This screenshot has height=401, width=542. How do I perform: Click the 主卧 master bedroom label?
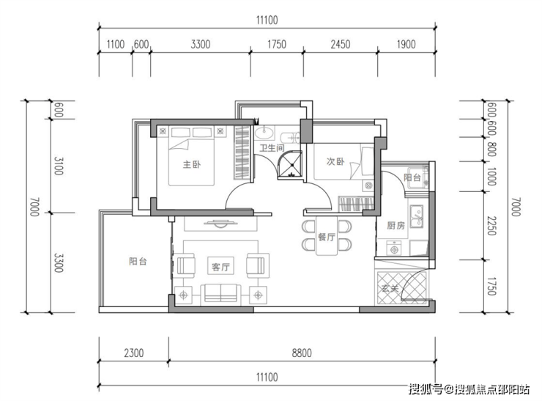tap(191, 164)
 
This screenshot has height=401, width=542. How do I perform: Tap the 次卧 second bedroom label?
tap(335, 161)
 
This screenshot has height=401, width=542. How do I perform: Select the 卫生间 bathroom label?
tap(272, 148)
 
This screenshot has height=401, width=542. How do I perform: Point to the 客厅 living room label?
tap(220, 267)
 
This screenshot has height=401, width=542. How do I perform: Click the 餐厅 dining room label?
tap(327, 237)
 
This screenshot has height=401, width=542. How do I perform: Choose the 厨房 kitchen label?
tap(396, 226)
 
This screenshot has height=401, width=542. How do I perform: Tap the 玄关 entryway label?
tap(390, 288)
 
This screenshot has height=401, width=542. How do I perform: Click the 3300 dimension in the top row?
tap(201, 44)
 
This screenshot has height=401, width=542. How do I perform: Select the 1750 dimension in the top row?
tap(277, 44)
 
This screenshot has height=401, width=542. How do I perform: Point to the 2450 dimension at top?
tap(341, 44)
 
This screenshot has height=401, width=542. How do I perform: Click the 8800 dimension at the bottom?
tap(302, 353)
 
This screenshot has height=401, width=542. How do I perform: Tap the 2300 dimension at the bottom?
tap(134, 353)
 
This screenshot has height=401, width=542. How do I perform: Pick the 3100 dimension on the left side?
tap(59, 166)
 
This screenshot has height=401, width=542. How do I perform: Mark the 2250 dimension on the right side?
tap(491, 226)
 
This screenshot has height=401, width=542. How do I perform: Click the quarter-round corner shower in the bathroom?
tap(289, 165)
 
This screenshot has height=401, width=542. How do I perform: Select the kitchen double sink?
tap(417, 216)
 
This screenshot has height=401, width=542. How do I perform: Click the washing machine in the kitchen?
tap(394, 248)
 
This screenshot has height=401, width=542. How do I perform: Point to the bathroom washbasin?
tap(265, 132)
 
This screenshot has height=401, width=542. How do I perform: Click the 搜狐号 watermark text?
tap(426, 389)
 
